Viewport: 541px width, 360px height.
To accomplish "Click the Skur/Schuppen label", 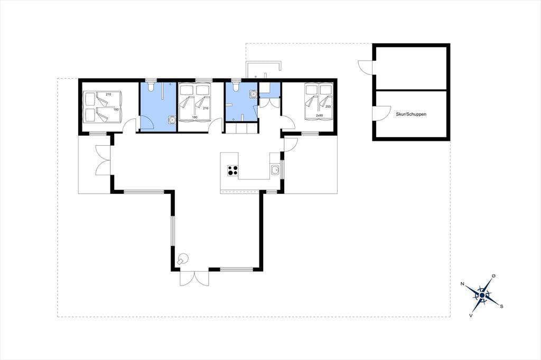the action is pos(411,114).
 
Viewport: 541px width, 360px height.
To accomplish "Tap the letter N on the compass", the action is pos(462,284).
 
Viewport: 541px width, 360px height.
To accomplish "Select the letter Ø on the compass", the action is pos(494,276).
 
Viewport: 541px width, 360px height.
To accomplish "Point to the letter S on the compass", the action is pos(502,306).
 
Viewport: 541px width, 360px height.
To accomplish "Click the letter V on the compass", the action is pos(471,315).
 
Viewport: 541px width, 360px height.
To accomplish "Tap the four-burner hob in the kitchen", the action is pos(232,170).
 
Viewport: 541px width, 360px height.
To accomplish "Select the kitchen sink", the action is pos(275,170).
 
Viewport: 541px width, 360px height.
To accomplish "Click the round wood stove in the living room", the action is pos(182,259).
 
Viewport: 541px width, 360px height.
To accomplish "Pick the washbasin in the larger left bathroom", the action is pos(172,120).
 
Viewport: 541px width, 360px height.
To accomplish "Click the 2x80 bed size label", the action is pos(320,116).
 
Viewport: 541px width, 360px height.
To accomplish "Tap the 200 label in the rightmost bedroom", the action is pos(328,107).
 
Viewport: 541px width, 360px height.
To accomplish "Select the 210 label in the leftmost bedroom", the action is pos(108,94).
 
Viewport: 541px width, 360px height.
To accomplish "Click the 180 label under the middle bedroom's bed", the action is pos(194,117).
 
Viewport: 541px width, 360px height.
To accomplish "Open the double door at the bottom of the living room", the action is pos(194,278).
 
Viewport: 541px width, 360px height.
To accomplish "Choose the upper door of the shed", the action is pos(366,67).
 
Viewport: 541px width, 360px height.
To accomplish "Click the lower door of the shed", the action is pos(381,113).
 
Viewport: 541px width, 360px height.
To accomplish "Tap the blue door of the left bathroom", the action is pos(145,124).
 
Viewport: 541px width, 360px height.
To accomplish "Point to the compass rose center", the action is pos(482,296).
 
